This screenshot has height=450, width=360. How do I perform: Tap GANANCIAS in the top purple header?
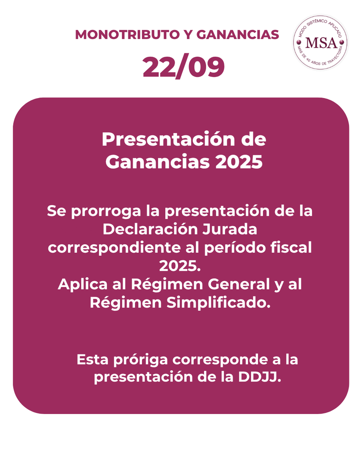tap(238, 35)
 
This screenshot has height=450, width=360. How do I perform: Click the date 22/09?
tap(183, 67)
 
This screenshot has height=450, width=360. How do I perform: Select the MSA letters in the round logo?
tap(321, 43)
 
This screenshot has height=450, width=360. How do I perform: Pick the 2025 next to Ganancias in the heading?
tap(239, 162)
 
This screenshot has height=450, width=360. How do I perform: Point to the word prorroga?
tap(106, 212)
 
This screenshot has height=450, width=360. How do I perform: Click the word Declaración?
tap(150, 229)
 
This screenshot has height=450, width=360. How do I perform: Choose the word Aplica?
tap(83, 285)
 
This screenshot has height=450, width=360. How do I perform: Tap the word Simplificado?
tap(219, 303)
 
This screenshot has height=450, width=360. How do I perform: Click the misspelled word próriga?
tap(141, 360)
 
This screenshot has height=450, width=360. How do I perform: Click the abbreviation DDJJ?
tap(259, 377)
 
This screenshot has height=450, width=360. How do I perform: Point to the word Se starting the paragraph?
tap(57, 211)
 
